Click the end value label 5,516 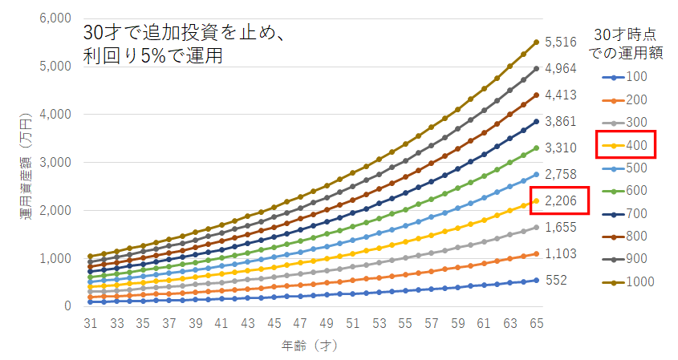click(x=561, y=43)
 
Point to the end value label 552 click(x=556, y=281)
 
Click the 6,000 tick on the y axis click(x=56, y=18)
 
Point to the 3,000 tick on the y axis click(x=56, y=163)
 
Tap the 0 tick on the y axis click(x=70, y=306)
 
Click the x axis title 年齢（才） click(x=313, y=345)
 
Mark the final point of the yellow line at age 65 click(x=536, y=200)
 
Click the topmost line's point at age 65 click(x=536, y=42)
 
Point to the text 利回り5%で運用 click(x=152, y=56)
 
